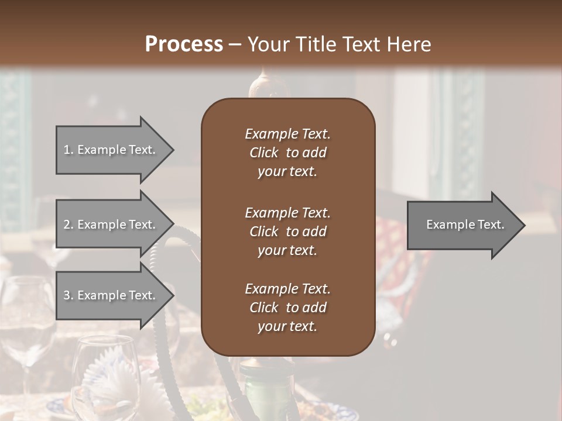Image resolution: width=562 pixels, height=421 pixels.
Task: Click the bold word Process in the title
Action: point(184,44)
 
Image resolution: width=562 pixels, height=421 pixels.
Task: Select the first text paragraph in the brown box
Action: point(287,153)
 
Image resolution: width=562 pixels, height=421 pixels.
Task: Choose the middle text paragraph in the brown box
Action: point(287,232)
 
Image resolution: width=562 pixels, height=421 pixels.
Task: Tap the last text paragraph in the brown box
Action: point(287,308)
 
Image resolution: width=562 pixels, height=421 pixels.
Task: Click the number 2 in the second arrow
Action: point(67,225)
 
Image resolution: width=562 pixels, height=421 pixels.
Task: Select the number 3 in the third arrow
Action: point(67,295)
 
